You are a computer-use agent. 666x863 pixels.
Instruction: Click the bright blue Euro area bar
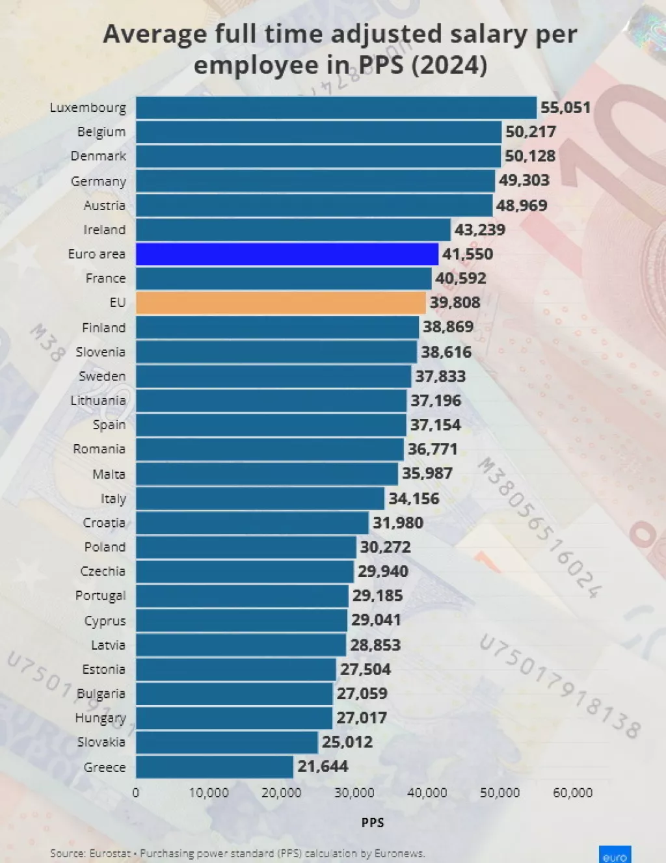pyautogui.click(x=287, y=254)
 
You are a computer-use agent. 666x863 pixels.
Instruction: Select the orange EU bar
pyautogui.click(x=280, y=302)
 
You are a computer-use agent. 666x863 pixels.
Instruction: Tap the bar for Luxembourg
pyautogui.click(x=336, y=107)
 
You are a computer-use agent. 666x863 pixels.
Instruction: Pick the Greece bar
pyautogui.click(x=214, y=767)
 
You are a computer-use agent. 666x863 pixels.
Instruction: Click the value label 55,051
pyautogui.click(x=565, y=107)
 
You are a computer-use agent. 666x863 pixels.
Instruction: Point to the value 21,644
pyautogui.click(x=323, y=767)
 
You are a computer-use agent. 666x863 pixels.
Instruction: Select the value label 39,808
pyautogui.click(x=455, y=302)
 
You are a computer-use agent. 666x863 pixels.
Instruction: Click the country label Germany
pyautogui.click(x=98, y=181)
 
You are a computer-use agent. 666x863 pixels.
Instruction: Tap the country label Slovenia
pyautogui.click(x=100, y=352)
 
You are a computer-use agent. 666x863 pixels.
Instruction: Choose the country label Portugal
pyautogui.click(x=100, y=596)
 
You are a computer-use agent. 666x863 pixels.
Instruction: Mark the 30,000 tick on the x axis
pyautogui.click(x=354, y=793)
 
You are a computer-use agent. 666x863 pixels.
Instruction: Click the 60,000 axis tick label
pyautogui.click(x=572, y=793)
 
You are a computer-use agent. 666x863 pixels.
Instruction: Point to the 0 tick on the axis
pyautogui.click(x=135, y=793)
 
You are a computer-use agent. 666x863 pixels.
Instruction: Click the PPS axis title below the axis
pyautogui.click(x=373, y=823)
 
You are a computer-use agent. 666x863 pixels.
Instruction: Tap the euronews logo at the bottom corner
pyautogui.click(x=615, y=856)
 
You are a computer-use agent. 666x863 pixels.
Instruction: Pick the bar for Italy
pyautogui.click(x=260, y=499)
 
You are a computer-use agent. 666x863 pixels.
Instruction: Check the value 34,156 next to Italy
pyautogui.click(x=414, y=499)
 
